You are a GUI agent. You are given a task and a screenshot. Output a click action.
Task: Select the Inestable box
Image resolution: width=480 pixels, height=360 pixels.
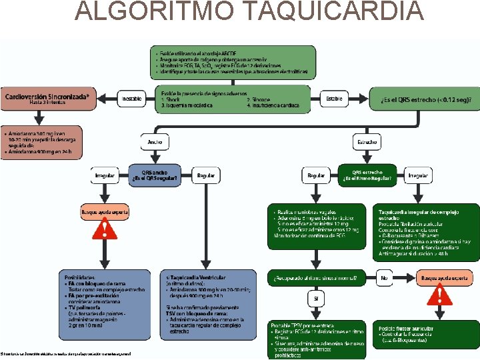point(131,99)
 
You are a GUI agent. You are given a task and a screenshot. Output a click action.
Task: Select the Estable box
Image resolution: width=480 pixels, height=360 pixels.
point(334,99)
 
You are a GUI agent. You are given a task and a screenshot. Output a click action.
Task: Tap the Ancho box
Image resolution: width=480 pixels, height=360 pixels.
point(155,141)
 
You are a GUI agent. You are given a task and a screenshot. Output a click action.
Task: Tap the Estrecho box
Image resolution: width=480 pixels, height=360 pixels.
point(367,141)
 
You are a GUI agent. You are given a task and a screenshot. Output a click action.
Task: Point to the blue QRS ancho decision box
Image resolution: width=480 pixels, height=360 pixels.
point(155,175)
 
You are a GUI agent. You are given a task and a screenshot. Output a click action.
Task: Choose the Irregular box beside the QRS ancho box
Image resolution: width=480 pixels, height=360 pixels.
point(105,175)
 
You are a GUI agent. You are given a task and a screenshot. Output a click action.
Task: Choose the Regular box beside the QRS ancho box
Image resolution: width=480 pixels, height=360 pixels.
point(206,175)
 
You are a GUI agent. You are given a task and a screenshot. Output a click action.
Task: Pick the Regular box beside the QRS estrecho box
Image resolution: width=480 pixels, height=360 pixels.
point(315,175)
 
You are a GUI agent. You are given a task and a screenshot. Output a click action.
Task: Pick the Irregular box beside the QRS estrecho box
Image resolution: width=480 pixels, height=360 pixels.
point(418,175)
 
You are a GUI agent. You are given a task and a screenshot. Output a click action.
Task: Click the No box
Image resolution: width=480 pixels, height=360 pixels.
point(384,277)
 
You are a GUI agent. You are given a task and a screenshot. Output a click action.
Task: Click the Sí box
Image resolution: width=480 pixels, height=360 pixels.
point(315,299)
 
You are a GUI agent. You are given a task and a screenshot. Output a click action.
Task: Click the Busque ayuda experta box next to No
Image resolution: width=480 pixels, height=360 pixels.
point(439,277)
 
